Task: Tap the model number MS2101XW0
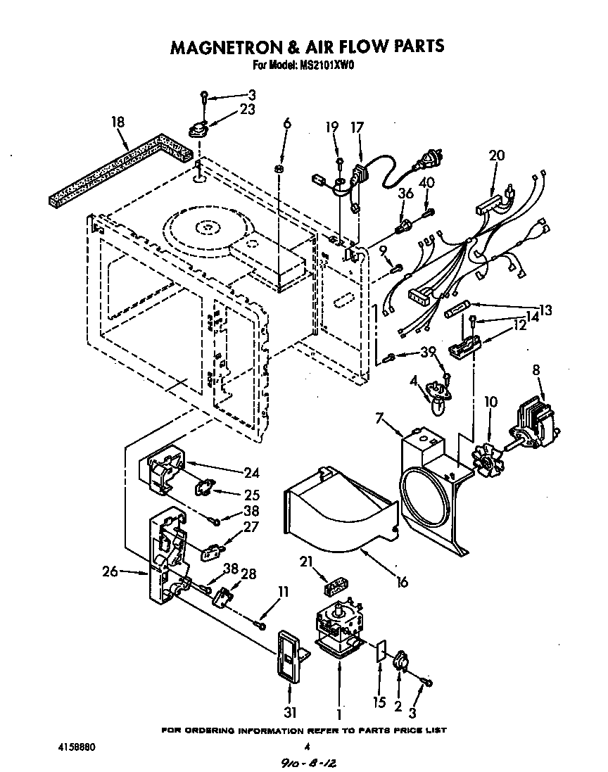pyautogui.click(x=329, y=66)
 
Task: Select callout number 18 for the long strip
pyautogui.click(x=118, y=122)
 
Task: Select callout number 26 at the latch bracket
pyautogui.click(x=110, y=571)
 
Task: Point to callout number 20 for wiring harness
pyautogui.click(x=496, y=156)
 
